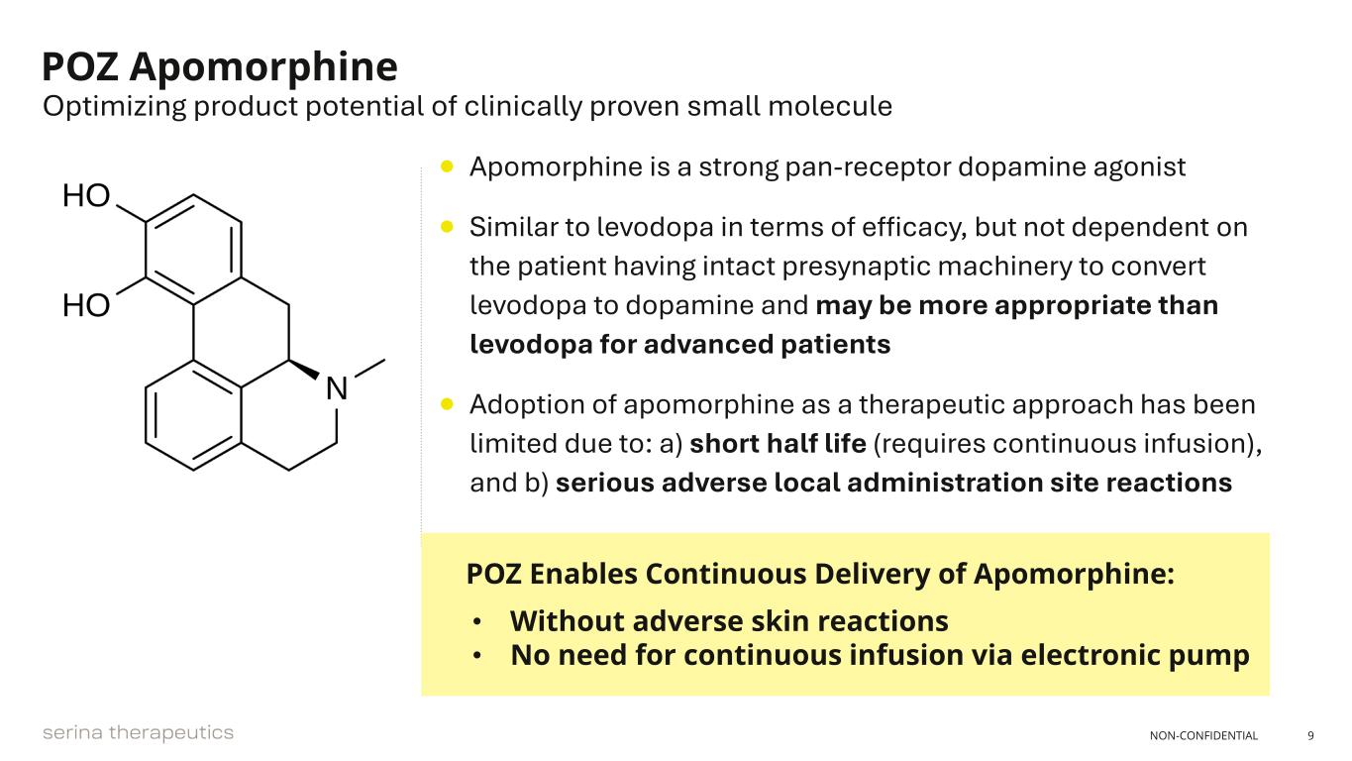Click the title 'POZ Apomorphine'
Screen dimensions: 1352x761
coord(220,67)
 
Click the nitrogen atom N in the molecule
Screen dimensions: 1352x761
coord(337,387)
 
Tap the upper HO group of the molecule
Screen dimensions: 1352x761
coord(86,195)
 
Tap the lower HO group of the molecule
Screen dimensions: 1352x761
coord(86,305)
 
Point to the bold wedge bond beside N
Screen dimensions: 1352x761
coord(304,370)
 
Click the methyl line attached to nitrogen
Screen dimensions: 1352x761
coord(369,369)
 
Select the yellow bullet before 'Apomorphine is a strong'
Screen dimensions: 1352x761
coord(447,166)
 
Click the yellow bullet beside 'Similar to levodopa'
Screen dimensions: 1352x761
coord(447,227)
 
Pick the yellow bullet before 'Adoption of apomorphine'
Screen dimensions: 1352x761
coord(447,404)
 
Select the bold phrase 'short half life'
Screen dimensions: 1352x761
coord(778,443)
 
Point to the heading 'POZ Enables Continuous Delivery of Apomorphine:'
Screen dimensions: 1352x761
coord(820,574)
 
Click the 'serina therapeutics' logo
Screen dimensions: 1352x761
coord(138,733)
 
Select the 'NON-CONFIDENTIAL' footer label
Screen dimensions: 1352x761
coord(1203,735)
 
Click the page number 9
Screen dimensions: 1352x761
coord(1310,735)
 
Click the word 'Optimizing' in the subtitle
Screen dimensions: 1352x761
coord(115,107)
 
